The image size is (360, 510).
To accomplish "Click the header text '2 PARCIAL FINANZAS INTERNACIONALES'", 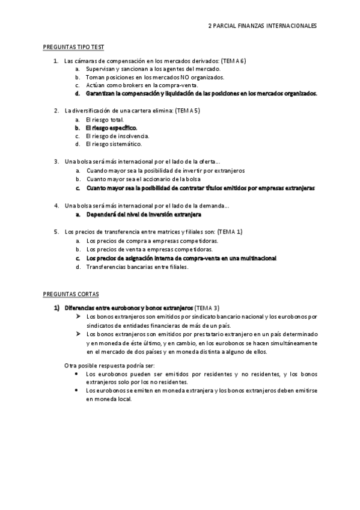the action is click(x=262, y=26).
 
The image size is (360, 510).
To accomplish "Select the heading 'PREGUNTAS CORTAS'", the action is click(x=67, y=294).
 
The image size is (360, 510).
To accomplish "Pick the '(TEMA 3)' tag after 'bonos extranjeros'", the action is click(x=207, y=307).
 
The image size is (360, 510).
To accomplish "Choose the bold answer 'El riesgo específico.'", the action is click(x=112, y=128).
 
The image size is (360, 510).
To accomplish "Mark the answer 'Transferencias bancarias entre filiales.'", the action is click(x=137, y=266).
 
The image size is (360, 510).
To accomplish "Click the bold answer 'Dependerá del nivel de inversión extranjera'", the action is click(x=144, y=214).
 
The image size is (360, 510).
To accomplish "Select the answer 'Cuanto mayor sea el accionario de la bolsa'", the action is click(x=144, y=179).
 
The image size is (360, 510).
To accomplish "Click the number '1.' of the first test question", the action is click(x=56, y=61).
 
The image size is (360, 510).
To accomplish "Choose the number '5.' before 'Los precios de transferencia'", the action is click(x=56, y=232).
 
